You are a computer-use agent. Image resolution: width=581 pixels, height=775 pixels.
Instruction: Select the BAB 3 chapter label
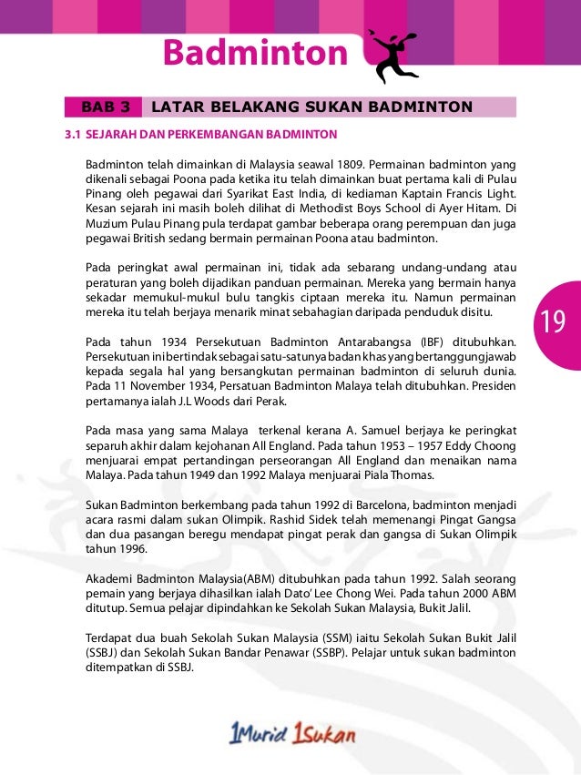pyautogui.click(x=104, y=107)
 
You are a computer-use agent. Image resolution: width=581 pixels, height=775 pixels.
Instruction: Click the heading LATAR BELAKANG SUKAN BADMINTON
pyautogui.click(x=312, y=107)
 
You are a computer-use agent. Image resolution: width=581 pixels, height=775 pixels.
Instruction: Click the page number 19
pyautogui.click(x=553, y=321)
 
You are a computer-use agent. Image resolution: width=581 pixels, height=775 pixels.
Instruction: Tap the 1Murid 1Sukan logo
pyautogui.click(x=290, y=733)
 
